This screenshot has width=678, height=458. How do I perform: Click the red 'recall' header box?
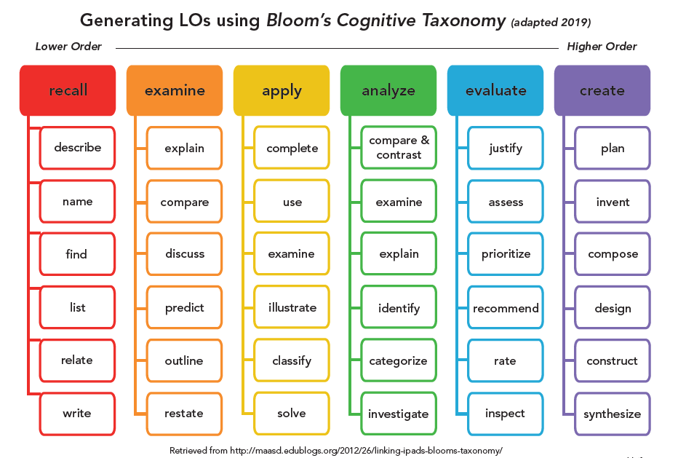pos(68,91)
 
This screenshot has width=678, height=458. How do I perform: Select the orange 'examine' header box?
pos(175,91)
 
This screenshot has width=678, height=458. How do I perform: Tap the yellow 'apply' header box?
pos(282,91)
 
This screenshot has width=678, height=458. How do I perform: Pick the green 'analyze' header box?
pos(388,91)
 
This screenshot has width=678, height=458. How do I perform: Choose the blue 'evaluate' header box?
pos(495,91)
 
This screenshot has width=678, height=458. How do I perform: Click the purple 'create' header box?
pos(602,91)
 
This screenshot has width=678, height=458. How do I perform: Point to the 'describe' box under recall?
pos(77,148)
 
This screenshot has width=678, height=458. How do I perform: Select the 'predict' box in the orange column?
pos(184,308)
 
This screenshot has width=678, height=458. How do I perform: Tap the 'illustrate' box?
pos(292,308)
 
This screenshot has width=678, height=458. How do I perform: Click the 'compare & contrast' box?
pos(399,148)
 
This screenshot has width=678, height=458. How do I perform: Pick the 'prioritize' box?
pos(506,254)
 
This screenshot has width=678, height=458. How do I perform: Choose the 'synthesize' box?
pos(613,414)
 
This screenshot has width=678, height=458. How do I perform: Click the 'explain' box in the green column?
pos(399,254)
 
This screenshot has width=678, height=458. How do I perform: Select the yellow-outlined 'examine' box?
pos(292,254)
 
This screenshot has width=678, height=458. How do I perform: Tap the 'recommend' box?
pos(506,308)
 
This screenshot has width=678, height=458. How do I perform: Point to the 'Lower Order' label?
pos(68,47)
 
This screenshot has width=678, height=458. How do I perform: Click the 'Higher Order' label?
pos(602,47)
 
